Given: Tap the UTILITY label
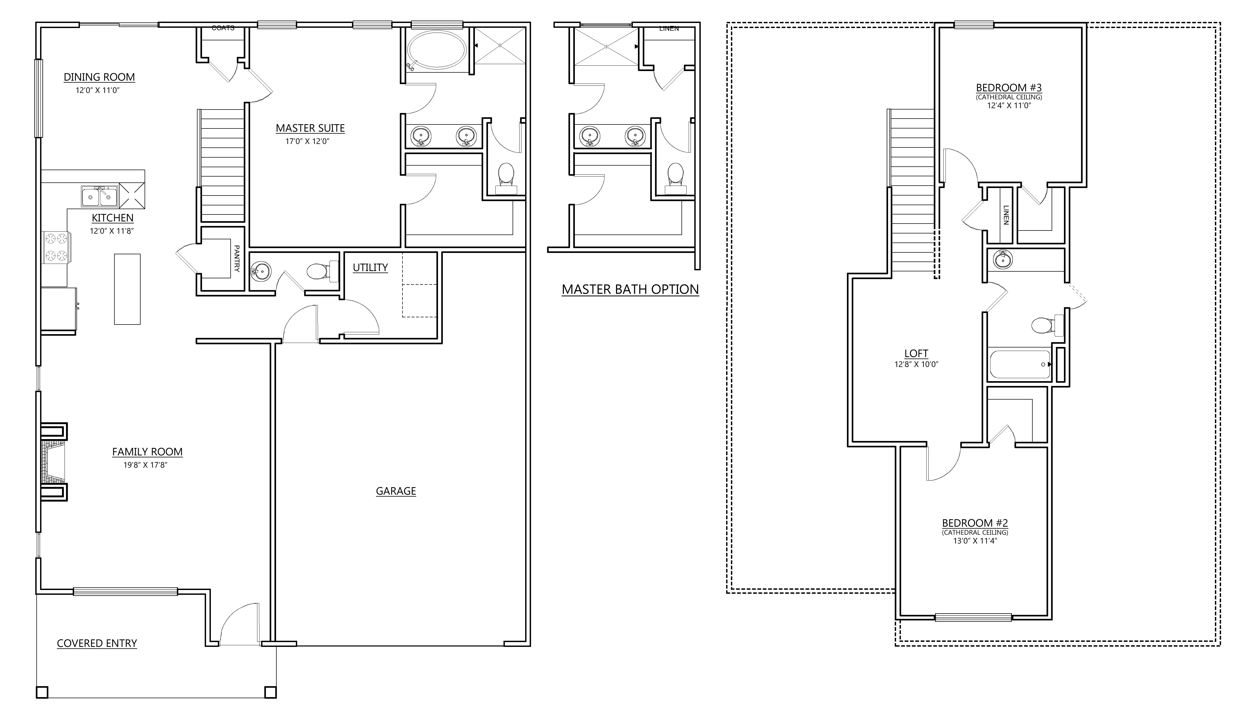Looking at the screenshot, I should click(370, 268).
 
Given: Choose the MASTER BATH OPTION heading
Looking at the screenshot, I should click(630, 289).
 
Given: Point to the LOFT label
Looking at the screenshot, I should click(916, 354).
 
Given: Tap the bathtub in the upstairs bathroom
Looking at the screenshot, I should click(1020, 364).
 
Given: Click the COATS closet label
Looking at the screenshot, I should click(223, 28).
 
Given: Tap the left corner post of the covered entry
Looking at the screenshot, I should click(42, 692).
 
